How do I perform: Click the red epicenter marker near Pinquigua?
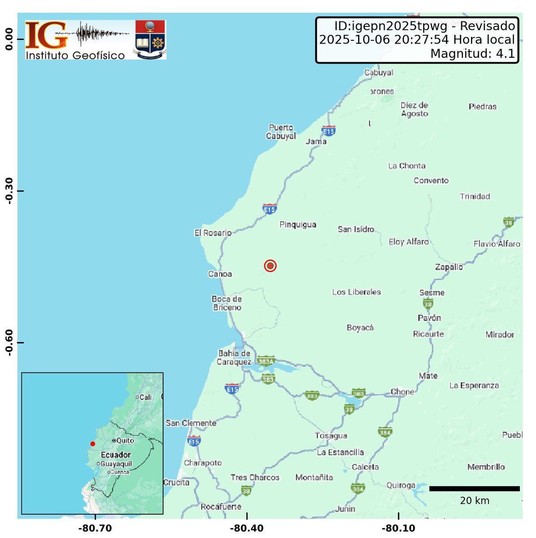(x=270, y=266)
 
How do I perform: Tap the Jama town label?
(x=316, y=142)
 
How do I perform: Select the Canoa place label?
(x=220, y=274)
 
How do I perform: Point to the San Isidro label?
(x=356, y=230)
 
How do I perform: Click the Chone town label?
(x=402, y=392)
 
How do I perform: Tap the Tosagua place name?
(x=331, y=436)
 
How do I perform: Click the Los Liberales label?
(x=356, y=292)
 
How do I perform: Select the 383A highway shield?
(x=266, y=361)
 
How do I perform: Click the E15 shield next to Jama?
(x=329, y=131)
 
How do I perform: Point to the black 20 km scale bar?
(x=474, y=489)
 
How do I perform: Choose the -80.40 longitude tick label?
(x=246, y=529)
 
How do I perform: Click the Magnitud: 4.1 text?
(x=472, y=54)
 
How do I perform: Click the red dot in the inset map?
(x=93, y=444)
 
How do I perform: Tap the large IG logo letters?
(x=46, y=35)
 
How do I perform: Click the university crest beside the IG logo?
(x=151, y=39)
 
